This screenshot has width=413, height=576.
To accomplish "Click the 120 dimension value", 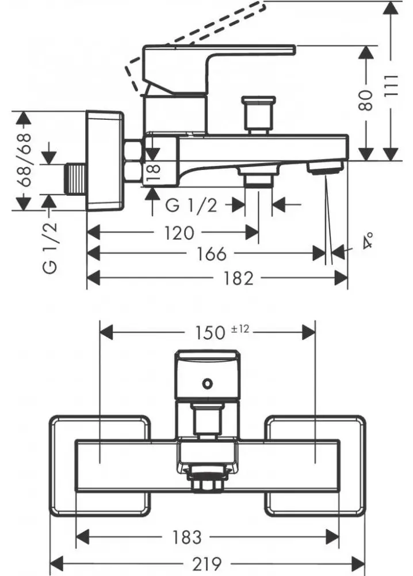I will pos(177,233).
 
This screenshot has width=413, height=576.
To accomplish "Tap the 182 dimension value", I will pos(239,279).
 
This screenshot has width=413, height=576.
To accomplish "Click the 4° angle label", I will pos(368,240).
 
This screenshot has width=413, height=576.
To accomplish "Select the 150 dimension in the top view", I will pos(209,332).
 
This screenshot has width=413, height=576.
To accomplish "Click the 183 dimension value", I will pos(186,537).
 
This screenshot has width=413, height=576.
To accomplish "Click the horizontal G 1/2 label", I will pos(192,205).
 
